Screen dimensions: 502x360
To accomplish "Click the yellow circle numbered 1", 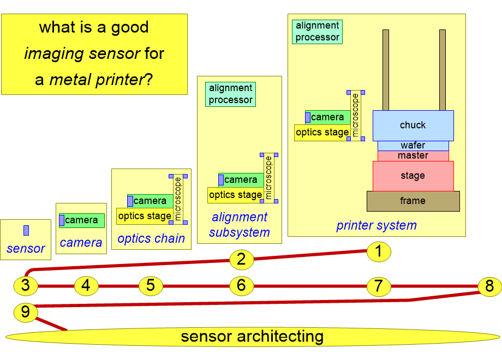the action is click(379, 251).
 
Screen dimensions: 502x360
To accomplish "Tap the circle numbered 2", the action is click(242, 259).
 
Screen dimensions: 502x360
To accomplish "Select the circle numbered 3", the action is click(26, 285).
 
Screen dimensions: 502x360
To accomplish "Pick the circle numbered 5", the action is click(151, 285).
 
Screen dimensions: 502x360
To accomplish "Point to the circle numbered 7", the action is click(379, 286).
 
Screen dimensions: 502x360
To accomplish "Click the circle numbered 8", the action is click(489, 286).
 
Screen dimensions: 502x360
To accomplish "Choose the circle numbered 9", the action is click(26, 312).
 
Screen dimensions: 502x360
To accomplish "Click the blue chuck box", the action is click(413, 125).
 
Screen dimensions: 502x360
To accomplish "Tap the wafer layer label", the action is click(413, 145).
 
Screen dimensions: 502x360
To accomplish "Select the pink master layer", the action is click(413, 156).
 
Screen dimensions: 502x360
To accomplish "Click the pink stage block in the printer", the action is click(413, 176).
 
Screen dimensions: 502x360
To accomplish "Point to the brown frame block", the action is click(413, 201).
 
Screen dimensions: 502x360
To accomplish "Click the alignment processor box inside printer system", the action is click(317, 32).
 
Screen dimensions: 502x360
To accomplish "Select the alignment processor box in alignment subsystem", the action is click(230, 94).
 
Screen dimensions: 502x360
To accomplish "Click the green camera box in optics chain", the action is click(150, 201).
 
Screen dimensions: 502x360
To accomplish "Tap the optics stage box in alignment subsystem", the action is click(236, 195).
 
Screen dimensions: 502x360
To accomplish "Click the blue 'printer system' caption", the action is click(376, 226).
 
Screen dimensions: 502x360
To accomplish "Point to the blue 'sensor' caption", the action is click(26, 249).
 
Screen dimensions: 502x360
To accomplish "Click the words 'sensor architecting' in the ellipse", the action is click(252, 337).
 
